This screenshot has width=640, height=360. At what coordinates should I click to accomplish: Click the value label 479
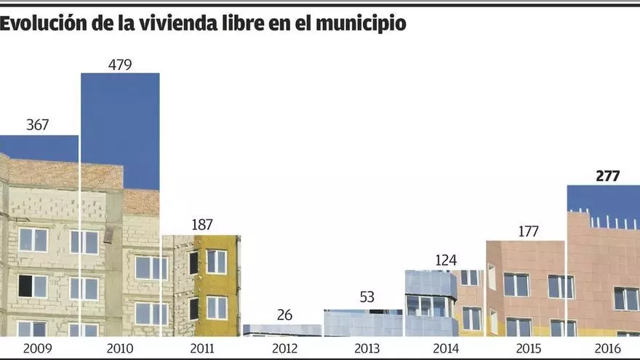[120, 64]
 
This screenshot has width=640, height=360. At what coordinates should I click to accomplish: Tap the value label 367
[37, 125]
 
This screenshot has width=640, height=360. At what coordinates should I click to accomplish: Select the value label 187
[201, 225]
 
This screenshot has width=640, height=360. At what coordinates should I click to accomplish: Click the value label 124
[447, 260]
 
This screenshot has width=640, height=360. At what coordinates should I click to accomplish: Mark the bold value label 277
[607, 175]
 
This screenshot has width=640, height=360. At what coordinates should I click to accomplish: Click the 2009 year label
[37, 348]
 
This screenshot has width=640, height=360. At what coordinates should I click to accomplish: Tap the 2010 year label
[120, 348]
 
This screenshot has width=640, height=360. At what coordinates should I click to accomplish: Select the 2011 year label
[201, 348]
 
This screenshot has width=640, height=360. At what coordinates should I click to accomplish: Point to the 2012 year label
[284, 348]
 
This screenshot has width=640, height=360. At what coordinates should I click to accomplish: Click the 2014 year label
[447, 348]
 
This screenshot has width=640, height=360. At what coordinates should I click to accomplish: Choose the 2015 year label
[528, 348]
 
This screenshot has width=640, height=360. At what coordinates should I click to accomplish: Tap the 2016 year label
[607, 348]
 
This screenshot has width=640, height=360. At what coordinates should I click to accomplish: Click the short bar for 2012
[282, 330]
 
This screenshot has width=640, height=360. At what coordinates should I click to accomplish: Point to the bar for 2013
[363, 324]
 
